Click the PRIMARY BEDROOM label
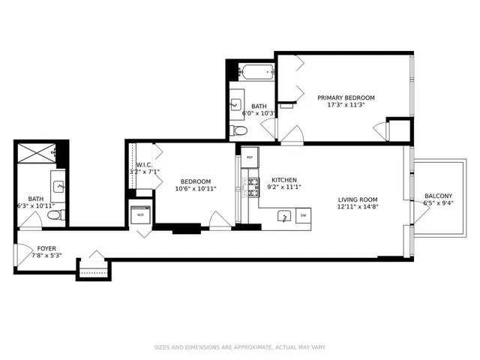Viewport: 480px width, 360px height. pyautogui.click(x=346, y=97)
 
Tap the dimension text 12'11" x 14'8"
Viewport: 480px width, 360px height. pyautogui.click(x=357, y=207)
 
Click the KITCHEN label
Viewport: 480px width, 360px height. pyautogui.click(x=284, y=180)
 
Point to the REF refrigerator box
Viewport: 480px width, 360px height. pyautogui.click(x=249, y=159)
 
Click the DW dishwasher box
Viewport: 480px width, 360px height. pyautogui.click(x=304, y=216)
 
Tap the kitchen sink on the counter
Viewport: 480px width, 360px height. pyautogui.click(x=284, y=216)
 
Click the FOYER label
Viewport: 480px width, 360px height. pyautogui.click(x=42, y=248)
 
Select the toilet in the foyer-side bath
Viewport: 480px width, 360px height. pyautogui.click(x=53, y=215)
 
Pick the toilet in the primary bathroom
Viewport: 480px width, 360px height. pyautogui.click(x=239, y=130)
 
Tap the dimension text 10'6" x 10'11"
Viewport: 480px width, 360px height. pyautogui.click(x=195, y=189)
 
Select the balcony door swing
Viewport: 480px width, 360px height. pyautogui.click(x=421, y=214)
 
